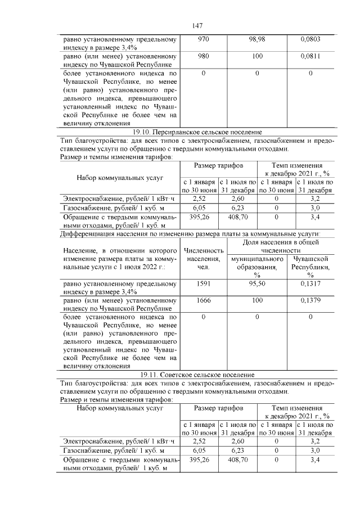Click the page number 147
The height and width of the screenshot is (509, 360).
[x=196, y=26]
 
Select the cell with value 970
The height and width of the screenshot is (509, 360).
[x=203, y=40]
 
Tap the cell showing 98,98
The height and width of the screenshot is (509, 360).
[x=256, y=40]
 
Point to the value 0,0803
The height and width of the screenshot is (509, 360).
[x=310, y=40]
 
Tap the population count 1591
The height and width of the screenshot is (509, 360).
[x=203, y=285]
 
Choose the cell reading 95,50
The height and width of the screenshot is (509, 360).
[x=256, y=285]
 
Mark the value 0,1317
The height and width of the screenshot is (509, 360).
[x=310, y=285]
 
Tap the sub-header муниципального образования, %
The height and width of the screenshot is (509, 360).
[x=256, y=267]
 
